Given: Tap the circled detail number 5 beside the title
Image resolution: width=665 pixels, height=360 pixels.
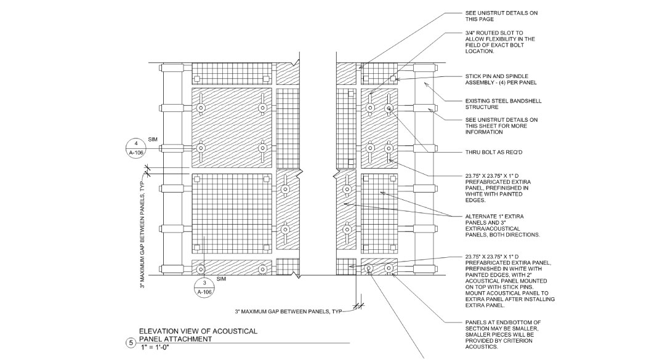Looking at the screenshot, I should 130,343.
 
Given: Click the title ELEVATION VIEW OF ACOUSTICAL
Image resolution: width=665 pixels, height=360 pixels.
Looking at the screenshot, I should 198,332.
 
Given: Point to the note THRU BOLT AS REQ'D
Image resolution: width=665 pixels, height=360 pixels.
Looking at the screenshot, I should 496,152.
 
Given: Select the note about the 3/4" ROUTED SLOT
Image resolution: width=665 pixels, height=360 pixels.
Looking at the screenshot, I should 500,42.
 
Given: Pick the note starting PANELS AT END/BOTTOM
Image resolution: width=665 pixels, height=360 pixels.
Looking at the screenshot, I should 504,334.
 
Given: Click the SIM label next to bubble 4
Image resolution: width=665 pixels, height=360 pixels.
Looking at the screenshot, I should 153,140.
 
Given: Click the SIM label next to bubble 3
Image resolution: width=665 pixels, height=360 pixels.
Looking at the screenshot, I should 222,279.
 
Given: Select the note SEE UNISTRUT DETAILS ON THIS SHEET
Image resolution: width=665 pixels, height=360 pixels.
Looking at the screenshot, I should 502,125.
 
